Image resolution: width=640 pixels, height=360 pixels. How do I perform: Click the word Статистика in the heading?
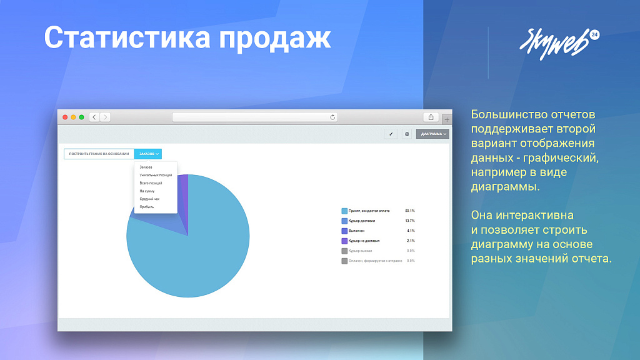(x=124, y=37)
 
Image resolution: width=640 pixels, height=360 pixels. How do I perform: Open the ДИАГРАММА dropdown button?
(x=432, y=134)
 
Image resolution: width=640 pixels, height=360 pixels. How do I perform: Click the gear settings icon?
(x=407, y=134)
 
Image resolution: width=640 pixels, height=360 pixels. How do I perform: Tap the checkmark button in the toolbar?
(x=391, y=134)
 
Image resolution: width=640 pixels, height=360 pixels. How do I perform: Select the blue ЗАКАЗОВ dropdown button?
(x=148, y=154)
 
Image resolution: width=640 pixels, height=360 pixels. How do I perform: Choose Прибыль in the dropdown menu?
(x=146, y=207)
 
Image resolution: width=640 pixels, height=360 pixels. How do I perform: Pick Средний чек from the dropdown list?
(x=149, y=199)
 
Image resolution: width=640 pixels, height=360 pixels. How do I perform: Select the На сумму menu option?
(x=146, y=191)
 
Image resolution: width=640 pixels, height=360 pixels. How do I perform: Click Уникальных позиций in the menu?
(x=155, y=175)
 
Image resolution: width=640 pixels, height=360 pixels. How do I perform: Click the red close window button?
(x=64, y=117)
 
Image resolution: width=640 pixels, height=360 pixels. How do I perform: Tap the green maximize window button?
(x=81, y=117)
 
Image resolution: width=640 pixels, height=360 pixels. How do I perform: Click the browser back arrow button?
(x=94, y=117)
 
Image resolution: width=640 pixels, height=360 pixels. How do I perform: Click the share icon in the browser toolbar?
(x=431, y=117)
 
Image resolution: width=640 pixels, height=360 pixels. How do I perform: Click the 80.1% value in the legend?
(x=410, y=211)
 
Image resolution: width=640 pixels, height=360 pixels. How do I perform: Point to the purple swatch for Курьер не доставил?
(x=344, y=241)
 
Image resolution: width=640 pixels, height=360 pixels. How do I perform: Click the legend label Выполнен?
(x=356, y=231)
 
